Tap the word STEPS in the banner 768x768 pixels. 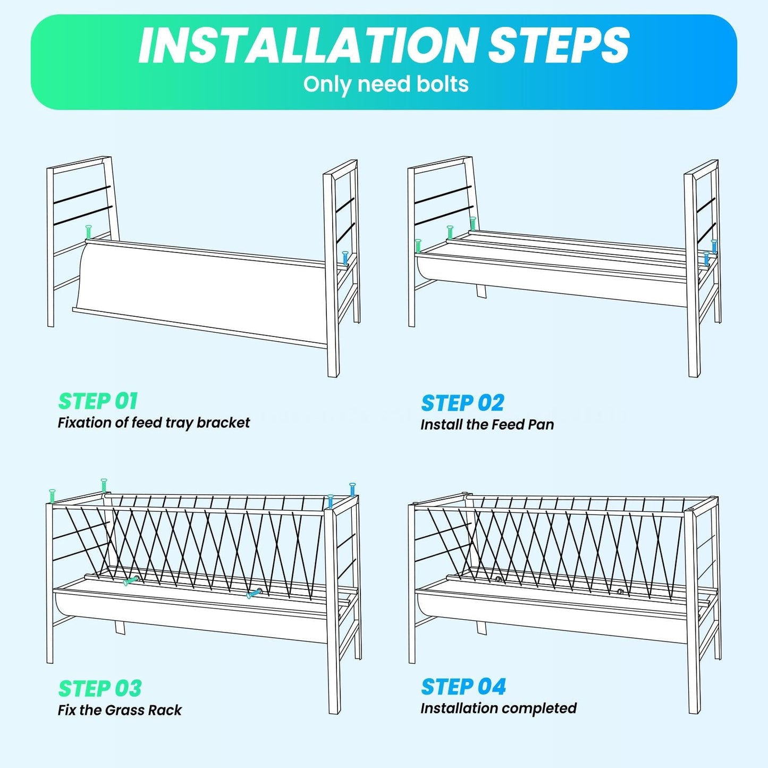pos(559,45)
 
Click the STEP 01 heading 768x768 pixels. pos(98,401)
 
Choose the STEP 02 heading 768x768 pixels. pos(462,403)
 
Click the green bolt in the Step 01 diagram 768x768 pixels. pos(88,232)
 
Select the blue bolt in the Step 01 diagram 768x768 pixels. pos(345,258)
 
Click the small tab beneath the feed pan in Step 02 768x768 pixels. pos(482,291)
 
